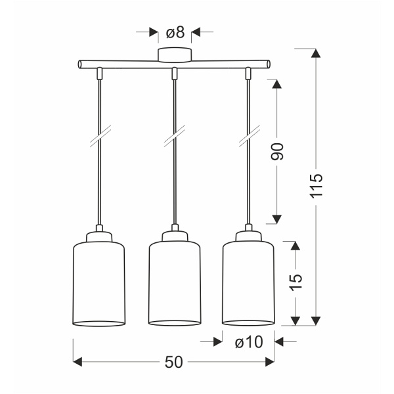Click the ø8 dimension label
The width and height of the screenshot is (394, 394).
tap(175, 32)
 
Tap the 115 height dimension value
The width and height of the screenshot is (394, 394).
tap(317, 186)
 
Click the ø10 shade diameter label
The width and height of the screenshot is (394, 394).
tap(248, 341)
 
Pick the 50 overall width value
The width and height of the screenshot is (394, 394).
tap(174, 362)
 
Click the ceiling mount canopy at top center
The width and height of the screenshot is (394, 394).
tap(175, 55)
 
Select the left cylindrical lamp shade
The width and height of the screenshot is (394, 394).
tap(97, 282)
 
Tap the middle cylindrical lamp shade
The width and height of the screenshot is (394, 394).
tap(175, 282)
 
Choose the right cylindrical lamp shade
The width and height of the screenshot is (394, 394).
tap(248, 282)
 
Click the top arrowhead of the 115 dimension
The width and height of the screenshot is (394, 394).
tap(317, 54)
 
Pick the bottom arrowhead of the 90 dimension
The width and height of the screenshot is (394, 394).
tap(277, 219)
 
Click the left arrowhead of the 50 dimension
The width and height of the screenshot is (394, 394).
tap(77, 362)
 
